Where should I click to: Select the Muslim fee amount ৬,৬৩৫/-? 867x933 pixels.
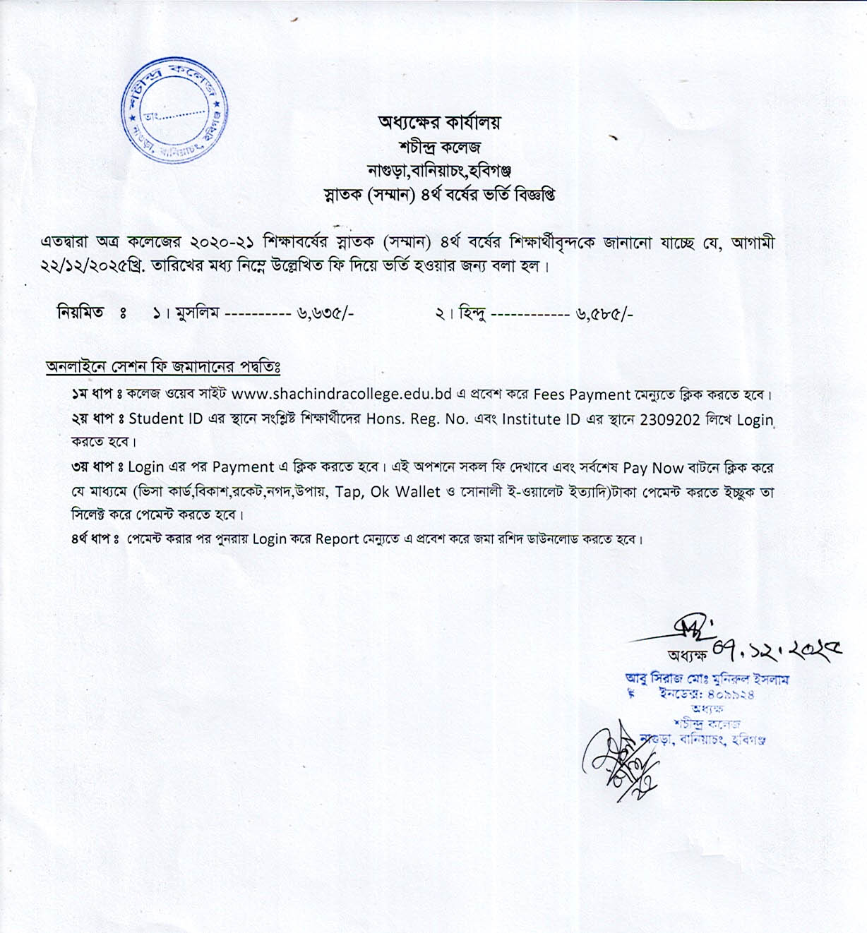(325, 313)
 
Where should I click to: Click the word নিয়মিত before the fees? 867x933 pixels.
(80, 312)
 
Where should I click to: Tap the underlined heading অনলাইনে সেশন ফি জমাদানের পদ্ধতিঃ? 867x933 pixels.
(163, 367)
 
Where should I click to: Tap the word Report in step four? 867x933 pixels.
(337, 539)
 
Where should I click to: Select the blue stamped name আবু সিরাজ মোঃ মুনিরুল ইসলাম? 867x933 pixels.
(707, 679)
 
